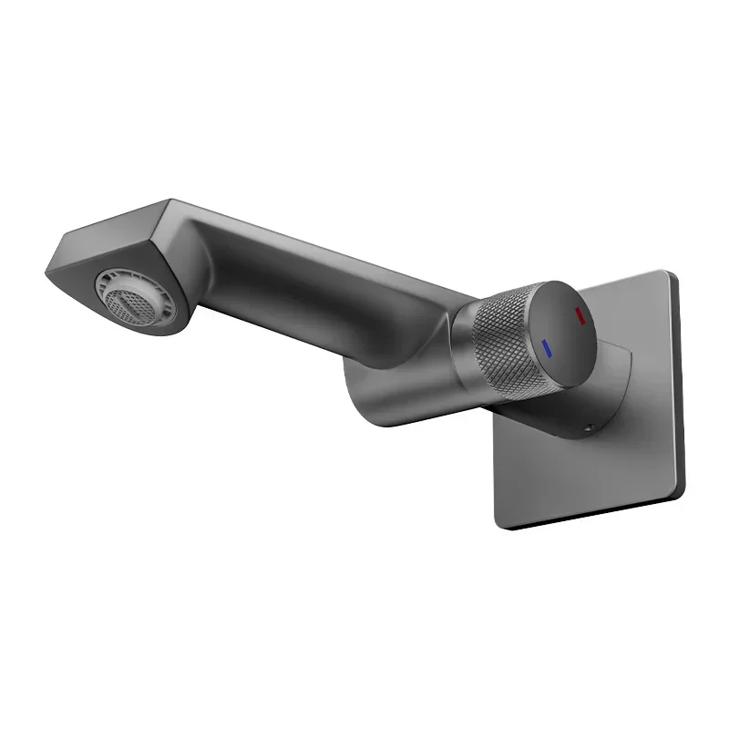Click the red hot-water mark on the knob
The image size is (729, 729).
click(578, 316)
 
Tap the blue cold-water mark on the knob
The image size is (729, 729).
click(546, 346)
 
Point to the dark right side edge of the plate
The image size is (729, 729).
click(679, 383)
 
